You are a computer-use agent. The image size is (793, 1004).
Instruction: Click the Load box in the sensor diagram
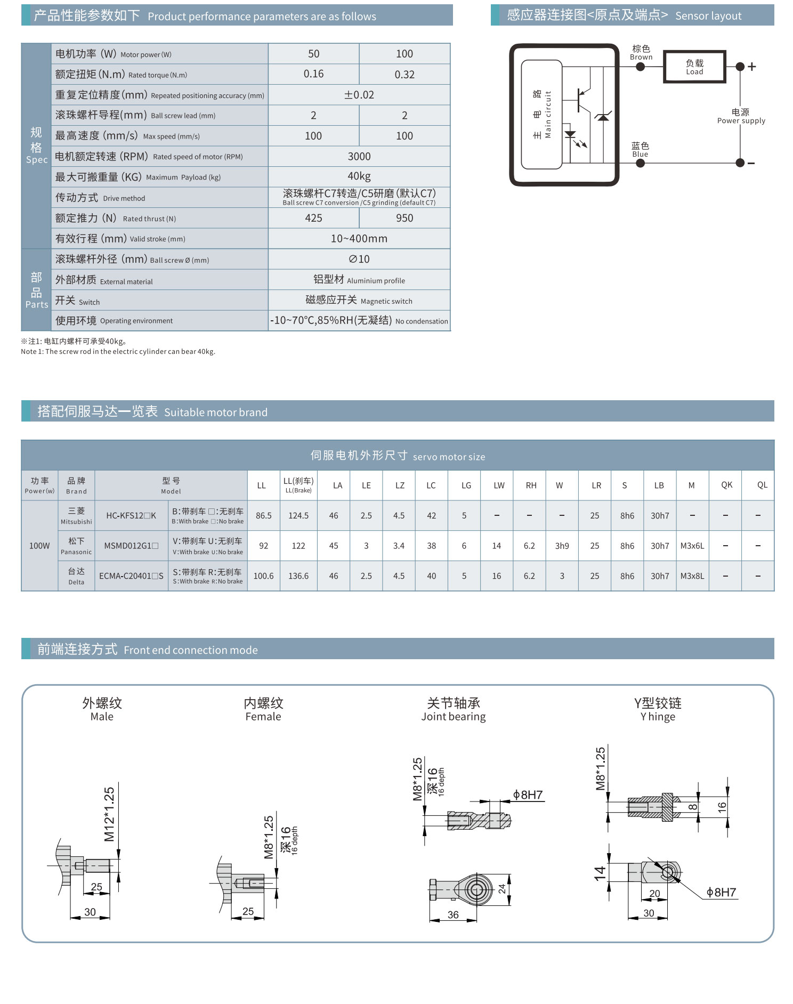pos(694,67)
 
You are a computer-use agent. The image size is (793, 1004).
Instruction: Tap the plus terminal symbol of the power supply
pos(751,67)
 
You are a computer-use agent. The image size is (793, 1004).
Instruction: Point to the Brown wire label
pos(641,52)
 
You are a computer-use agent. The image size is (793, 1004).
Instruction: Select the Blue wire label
pos(640,149)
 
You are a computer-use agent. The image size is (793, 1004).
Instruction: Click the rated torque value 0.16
pos(313,74)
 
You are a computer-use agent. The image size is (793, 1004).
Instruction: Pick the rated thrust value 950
pos(404,218)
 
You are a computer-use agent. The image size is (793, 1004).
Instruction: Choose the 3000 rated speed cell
pos(359,156)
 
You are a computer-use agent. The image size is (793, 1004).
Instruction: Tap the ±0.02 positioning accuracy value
pos(359,95)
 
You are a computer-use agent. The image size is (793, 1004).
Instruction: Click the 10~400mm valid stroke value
pos(359,238)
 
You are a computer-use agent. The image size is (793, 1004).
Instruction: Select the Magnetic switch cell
pos(359,300)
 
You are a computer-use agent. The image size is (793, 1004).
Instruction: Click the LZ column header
pos(400,485)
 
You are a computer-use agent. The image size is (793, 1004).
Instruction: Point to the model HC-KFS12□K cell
pos(131,515)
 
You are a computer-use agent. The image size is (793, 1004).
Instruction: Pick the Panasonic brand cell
pos(76,546)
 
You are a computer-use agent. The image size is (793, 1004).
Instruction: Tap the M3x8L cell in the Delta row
pos(692,576)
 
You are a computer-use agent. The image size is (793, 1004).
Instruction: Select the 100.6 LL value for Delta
pos(263,576)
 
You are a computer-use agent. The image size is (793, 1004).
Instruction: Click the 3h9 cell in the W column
pos(562,546)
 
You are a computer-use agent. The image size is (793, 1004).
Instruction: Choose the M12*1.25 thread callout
pos(109,814)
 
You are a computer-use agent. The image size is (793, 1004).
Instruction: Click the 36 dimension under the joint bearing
pos(453,914)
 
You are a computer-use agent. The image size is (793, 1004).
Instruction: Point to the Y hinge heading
pos(658,709)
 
